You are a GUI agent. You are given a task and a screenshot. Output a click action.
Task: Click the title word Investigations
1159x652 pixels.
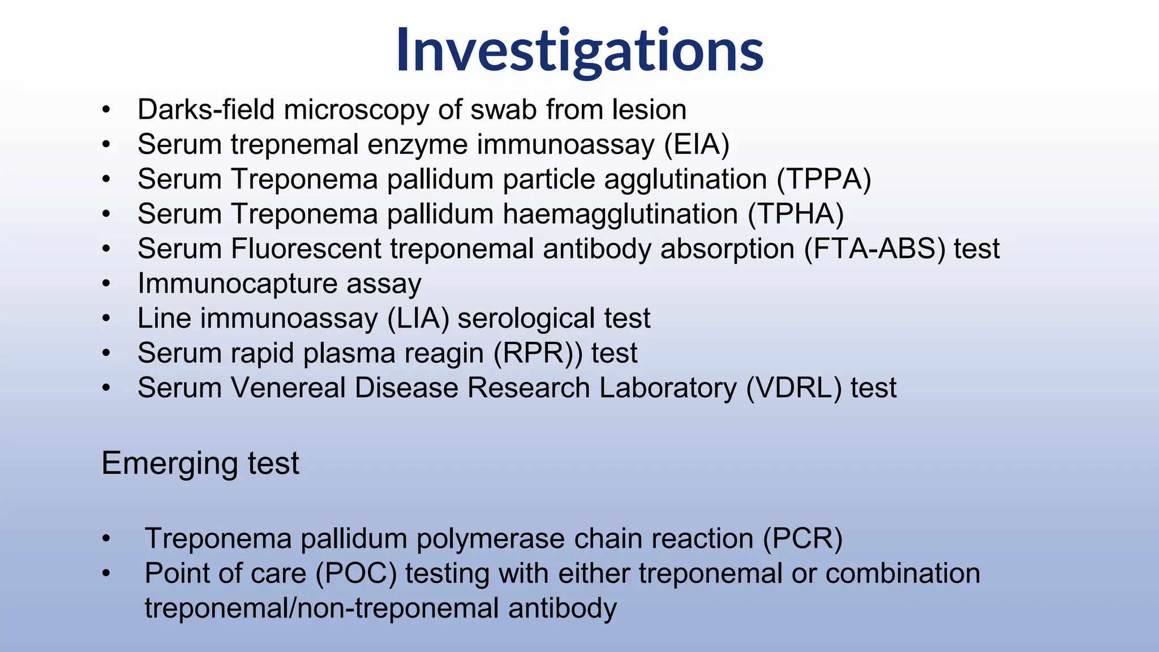pyautogui.click(x=579, y=51)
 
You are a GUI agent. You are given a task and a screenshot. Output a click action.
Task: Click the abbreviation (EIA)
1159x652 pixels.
pyautogui.click(x=696, y=144)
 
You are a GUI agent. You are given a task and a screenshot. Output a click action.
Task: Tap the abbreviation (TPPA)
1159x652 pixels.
pyautogui.click(x=823, y=179)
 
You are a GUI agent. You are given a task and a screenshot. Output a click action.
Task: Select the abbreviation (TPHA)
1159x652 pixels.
pyautogui.click(x=796, y=215)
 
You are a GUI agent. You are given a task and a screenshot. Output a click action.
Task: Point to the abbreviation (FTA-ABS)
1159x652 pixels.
pyautogui.click(x=874, y=249)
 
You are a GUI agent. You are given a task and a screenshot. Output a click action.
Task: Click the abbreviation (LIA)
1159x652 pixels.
pyautogui.click(x=418, y=319)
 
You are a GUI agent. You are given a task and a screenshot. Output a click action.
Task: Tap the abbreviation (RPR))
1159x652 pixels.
pyautogui.click(x=538, y=354)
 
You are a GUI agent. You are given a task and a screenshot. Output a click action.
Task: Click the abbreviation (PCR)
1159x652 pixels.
pyautogui.click(x=802, y=539)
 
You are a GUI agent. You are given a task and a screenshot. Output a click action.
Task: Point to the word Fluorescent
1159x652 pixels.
pyautogui.click(x=306, y=249)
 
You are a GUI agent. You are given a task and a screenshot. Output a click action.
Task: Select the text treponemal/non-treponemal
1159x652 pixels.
pyautogui.click(x=322, y=608)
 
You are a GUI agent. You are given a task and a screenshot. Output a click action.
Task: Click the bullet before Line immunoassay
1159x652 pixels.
pyautogui.click(x=106, y=319)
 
